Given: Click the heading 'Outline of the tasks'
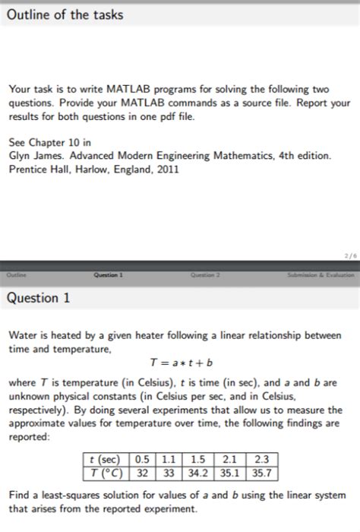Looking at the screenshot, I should pyautogui.click(x=64, y=15).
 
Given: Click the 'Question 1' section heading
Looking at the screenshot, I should pyautogui.click(x=39, y=298).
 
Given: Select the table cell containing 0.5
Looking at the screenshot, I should pyautogui.click(x=142, y=458).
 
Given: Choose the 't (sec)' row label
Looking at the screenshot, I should pyautogui.click(x=105, y=458).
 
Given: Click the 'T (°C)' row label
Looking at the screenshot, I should pyautogui.click(x=105, y=473).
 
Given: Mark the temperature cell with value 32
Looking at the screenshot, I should pyautogui.click(x=142, y=473).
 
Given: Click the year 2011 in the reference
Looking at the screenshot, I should pyautogui.click(x=166, y=169).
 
